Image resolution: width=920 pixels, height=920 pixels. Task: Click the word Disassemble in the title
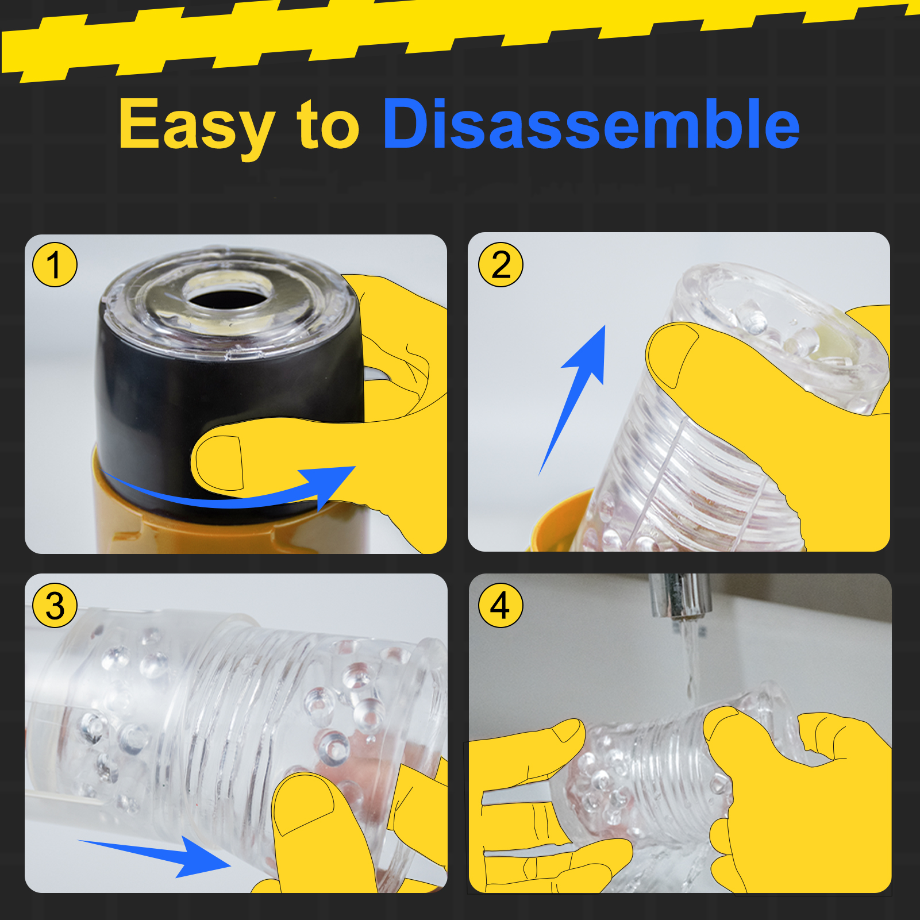pos(591,123)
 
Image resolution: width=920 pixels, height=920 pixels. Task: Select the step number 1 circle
pos(55,265)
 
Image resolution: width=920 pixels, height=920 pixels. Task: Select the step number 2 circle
pos(501,265)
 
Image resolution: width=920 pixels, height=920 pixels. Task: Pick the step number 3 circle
pos(55,606)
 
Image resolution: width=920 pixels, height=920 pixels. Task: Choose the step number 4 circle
pos(501,606)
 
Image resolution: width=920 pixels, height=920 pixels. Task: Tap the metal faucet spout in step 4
pos(680,598)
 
